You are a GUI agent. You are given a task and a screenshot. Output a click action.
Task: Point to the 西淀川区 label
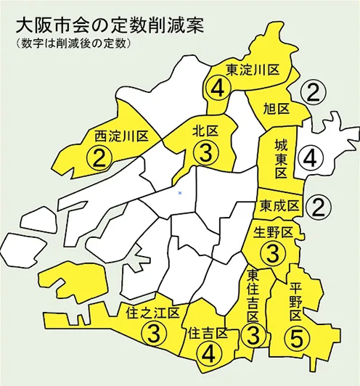pos(121,136)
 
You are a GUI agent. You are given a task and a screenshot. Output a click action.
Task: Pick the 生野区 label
pos(273,233)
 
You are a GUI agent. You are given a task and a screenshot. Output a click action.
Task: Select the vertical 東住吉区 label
pos(254,297)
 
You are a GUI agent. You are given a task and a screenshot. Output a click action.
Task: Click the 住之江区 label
pos(152,314)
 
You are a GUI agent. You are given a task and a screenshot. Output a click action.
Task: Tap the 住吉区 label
pos(208,334)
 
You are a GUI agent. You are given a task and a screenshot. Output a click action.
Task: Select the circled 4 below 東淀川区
pos(218,89)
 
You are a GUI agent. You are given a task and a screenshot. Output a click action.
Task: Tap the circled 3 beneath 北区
pos(207,153)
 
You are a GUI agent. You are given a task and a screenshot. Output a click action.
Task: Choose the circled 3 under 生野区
pos(274,254)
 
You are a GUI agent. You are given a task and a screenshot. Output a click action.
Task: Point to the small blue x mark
pos(179,193)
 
